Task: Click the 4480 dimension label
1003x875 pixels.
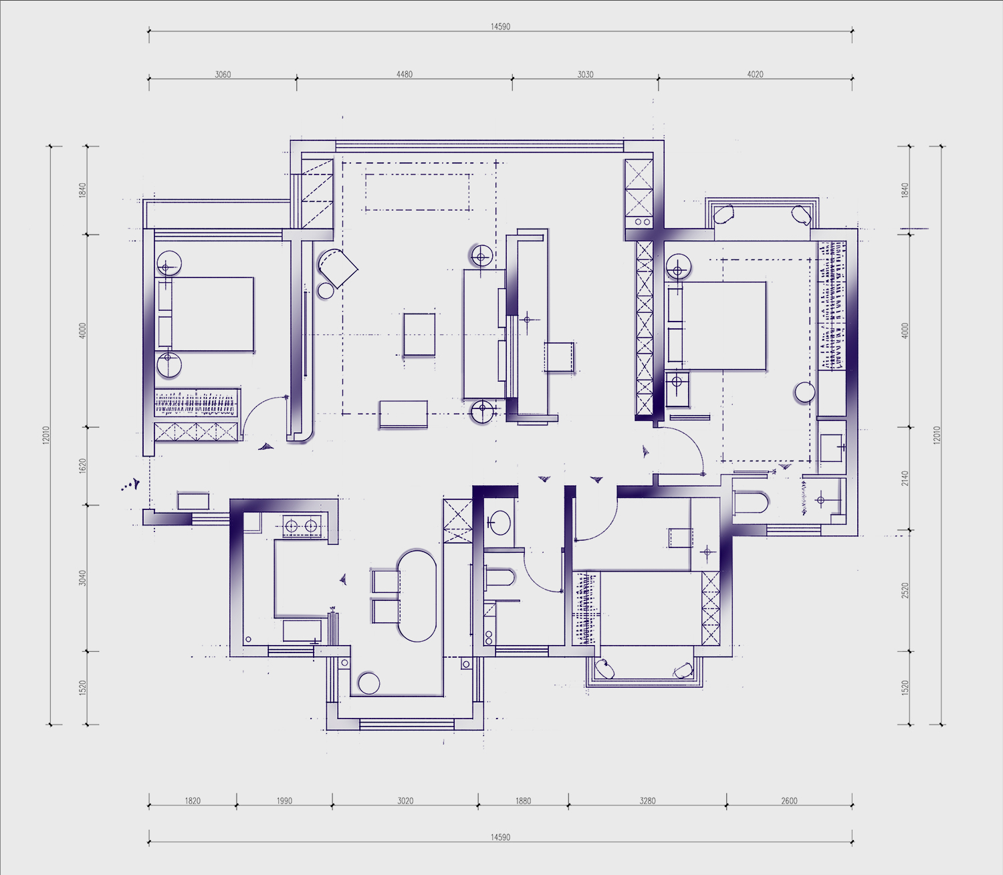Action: [404, 74]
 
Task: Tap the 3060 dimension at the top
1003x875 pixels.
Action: [223, 74]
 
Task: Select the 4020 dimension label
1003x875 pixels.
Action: [755, 74]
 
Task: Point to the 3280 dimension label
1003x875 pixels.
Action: [647, 801]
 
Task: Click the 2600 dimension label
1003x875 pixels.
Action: [789, 801]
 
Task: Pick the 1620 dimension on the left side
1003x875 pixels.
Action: [82, 465]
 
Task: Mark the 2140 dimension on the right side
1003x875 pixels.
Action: [905, 479]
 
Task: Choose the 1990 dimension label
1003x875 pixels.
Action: [284, 801]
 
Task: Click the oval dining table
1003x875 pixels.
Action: [416, 596]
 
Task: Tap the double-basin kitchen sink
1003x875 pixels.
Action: [302, 526]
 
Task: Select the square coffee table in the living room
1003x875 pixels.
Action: [419, 335]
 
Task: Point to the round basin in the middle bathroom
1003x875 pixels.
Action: [500, 522]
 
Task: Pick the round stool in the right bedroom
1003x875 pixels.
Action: [804, 392]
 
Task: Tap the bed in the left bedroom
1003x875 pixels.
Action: [205, 314]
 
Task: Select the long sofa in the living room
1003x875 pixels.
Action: [484, 334]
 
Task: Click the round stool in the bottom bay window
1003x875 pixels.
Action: [368, 683]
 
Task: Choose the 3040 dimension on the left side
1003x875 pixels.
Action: [82, 578]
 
